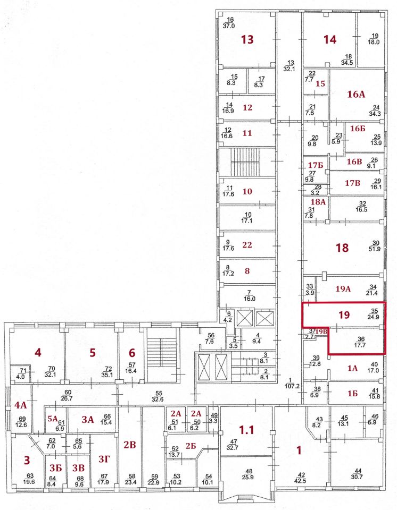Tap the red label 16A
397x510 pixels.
pos(356,95)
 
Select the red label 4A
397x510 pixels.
pos(20,405)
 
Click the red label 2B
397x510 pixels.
pos(130,445)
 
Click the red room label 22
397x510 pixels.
pos(246,244)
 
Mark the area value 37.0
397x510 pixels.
pos(229,25)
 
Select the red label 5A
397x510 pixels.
pos(52,418)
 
